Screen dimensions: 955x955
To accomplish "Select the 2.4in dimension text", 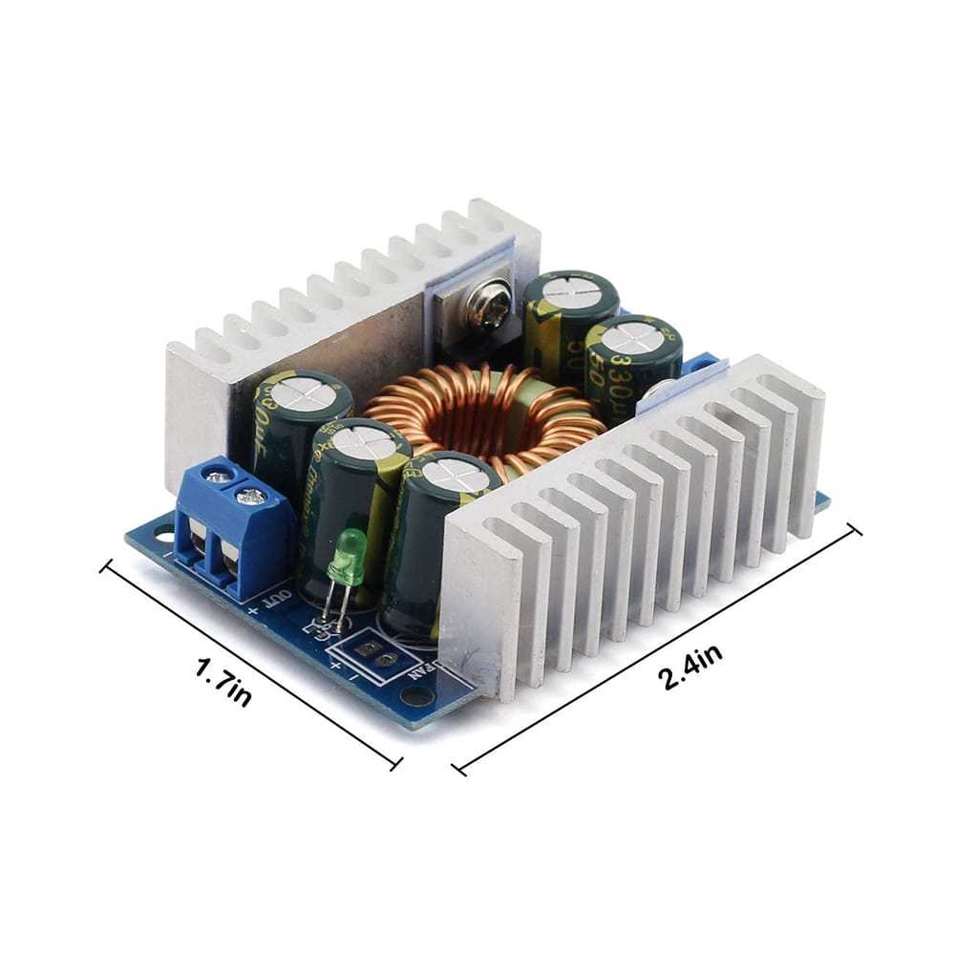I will (x=690, y=666).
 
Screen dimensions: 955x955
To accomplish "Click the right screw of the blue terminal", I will (x=252, y=497).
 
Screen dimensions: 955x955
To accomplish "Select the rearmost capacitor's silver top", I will (x=570, y=289).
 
